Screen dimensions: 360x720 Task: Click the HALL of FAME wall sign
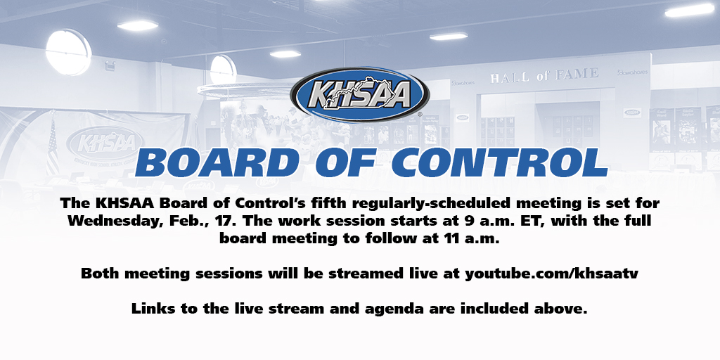[x=544, y=75]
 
